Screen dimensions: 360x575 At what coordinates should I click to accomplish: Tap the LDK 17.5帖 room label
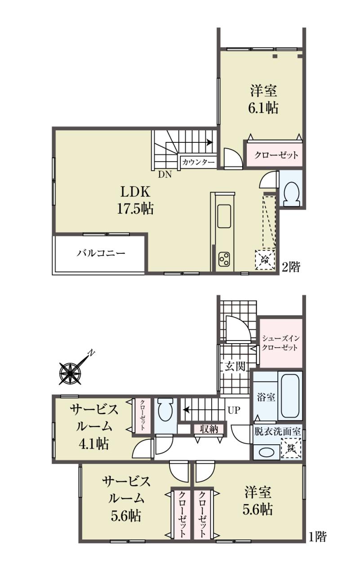pyautogui.click(x=135, y=200)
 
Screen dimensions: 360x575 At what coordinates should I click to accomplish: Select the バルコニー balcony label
pyautogui.click(x=101, y=253)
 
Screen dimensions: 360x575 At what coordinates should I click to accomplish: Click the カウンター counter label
pyautogui.click(x=198, y=162)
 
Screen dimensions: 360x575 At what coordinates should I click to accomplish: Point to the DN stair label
pyautogui.click(x=164, y=175)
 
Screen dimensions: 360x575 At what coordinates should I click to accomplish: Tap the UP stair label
pyautogui.click(x=234, y=411)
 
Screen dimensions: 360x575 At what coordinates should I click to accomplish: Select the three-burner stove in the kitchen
pyautogui.click(x=224, y=259)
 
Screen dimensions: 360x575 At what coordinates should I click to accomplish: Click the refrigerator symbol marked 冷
pyautogui.click(x=265, y=260)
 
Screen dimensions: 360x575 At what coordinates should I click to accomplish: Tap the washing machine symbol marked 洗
pyautogui.click(x=291, y=448)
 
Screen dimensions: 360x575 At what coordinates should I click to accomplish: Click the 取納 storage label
pyautogui.click(x=209, y=429)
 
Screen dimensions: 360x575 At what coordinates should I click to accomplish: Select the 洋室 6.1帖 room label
pyautogui.click(x=264, y=100)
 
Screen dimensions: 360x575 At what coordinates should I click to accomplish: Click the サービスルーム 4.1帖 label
pyautogui.click(x=94, y=426)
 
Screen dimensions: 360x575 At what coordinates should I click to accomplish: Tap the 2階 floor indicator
pyautogui.click(x=291, y=267)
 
